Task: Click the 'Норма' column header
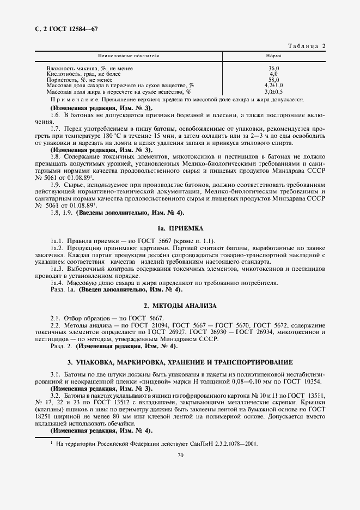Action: (273, 56)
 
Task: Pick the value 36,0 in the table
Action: (273, 68)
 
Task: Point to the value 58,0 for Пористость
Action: (273, 80)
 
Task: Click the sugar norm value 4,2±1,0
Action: (273, 86)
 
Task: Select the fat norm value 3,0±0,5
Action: (273, 92)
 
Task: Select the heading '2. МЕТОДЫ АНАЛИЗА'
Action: (180, 305)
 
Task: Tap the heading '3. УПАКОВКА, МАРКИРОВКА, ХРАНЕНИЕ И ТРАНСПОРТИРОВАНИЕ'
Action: (180, 362)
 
